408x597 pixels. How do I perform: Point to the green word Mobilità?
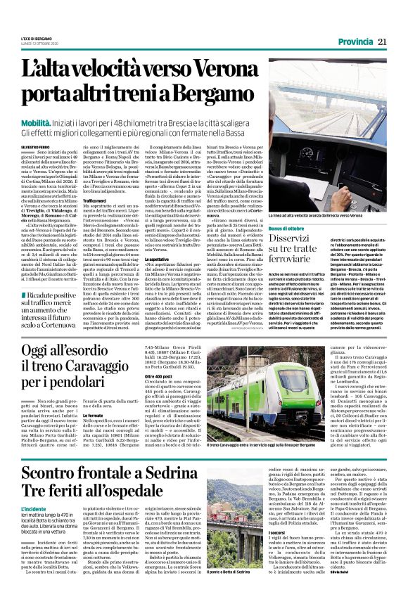59,122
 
